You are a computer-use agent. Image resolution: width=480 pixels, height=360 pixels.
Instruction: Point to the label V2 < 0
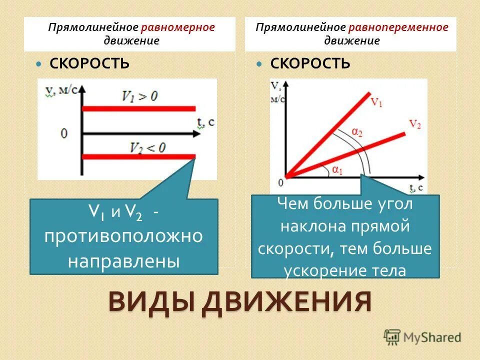[147, 147]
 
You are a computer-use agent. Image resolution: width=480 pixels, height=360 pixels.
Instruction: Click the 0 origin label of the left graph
[64, 133]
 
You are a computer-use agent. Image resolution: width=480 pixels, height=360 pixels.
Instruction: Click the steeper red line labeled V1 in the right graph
[330, 132]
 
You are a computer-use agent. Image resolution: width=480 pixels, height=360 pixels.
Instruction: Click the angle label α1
[337, 170]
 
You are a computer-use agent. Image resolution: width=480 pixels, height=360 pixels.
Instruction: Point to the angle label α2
[356, 132]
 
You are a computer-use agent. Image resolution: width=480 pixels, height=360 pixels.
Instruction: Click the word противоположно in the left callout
[123, 236]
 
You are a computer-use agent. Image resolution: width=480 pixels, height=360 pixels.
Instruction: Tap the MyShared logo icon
[392, 336]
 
